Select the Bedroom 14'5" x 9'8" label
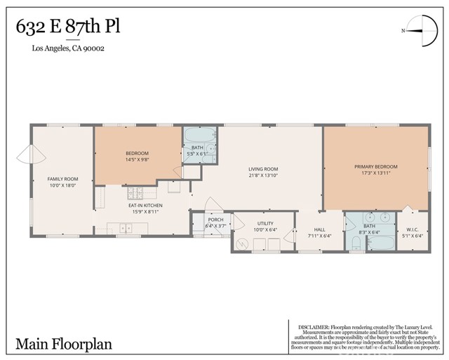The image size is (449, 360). [x=137, y=156]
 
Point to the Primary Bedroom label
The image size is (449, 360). [x=375, y=170]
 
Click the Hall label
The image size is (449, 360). [x=319, y=232]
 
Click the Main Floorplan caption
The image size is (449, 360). [x=63, y=344]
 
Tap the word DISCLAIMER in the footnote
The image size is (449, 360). [x=314, y=326]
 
